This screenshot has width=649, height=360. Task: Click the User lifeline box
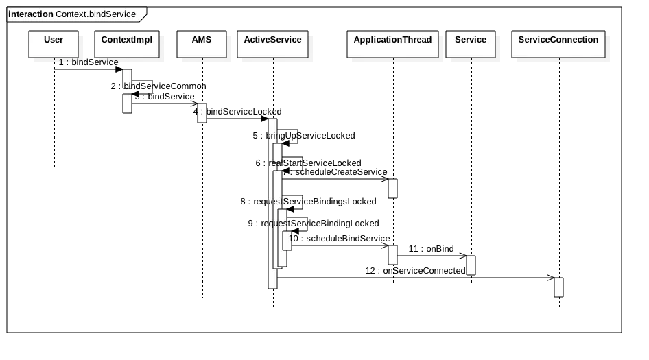[x=54, y=44]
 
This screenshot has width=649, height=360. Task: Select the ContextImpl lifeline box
[x=126, y=44]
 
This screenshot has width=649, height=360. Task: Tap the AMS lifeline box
[x=202, y=44]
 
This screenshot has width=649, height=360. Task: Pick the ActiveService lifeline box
[x=272, y=44]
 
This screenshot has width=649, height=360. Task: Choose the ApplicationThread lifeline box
[x=392, y=44]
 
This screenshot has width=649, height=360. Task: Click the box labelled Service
[x=471, y=44]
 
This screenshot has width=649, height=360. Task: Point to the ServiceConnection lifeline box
[x=558, y=44]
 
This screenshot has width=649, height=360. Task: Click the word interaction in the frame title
[x=30, y=14]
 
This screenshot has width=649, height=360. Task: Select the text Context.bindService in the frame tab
[x=95, y=14]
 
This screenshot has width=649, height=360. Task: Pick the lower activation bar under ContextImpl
[x=127, y=104]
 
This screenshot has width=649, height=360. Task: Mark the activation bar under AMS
[x=202, y=113]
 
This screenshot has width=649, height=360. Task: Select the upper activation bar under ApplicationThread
[x=392, y=189]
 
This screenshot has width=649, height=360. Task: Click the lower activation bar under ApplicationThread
[x=392, y=255]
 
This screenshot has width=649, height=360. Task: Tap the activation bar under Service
[x=471, y=265]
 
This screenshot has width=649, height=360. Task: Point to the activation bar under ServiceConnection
[x=558, y=287]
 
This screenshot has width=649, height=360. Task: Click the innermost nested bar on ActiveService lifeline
[x=287, y=241]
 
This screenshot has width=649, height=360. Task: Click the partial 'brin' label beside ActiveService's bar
[x=271, y=136]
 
